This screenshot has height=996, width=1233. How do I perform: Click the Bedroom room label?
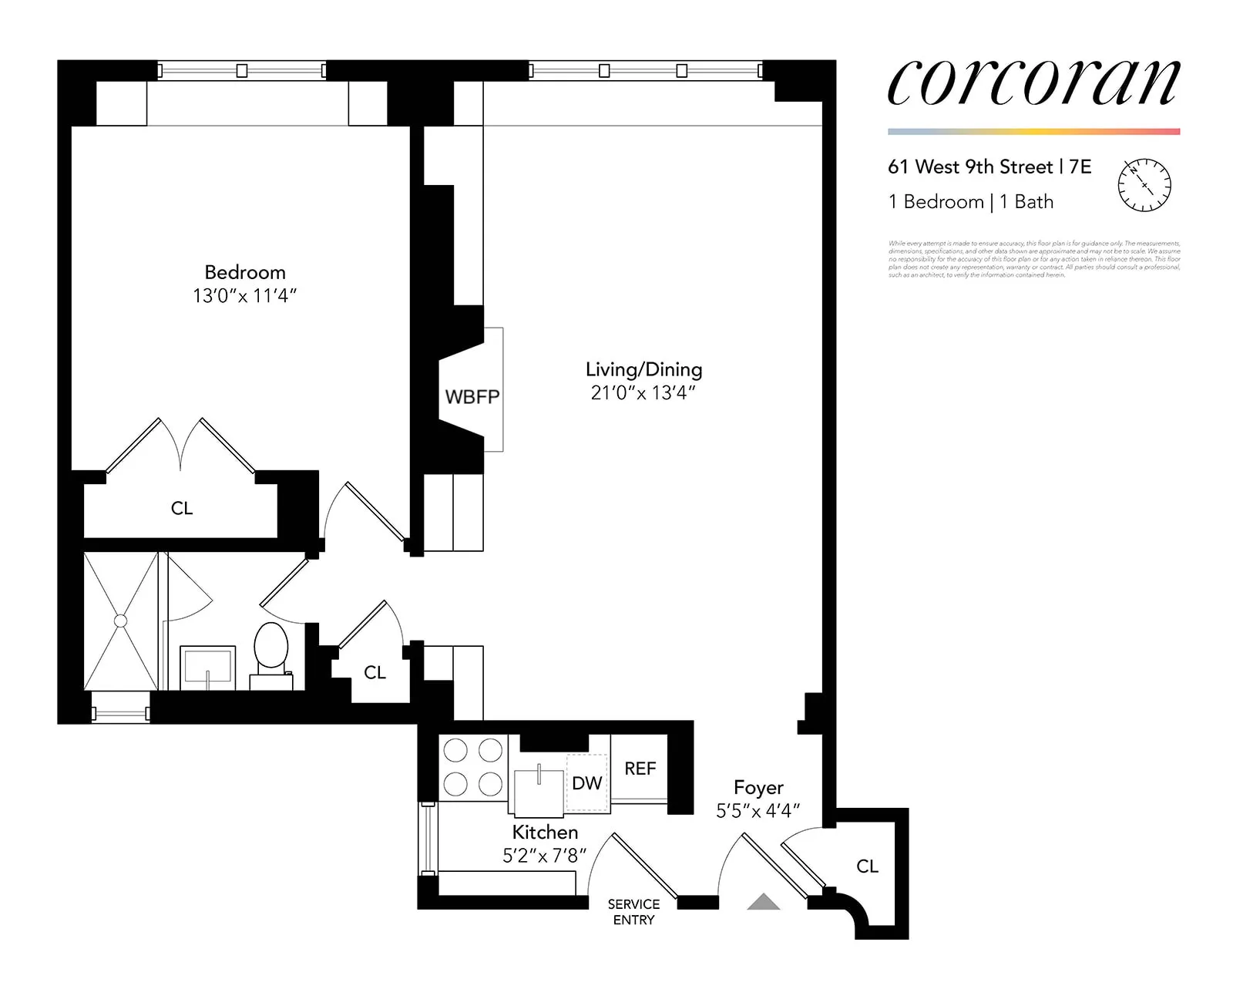(x=245, y=272)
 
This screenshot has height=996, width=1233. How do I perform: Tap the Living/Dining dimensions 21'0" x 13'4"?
(x=643, y=393)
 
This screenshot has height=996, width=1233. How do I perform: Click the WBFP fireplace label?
(x=472, y=397)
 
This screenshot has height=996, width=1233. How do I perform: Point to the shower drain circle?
(x=120, y=621)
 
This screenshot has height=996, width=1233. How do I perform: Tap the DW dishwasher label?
(x=586, y=783)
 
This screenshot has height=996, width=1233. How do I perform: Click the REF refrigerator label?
(x=640, y=769)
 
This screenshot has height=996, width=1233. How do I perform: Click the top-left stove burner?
(x=455, y=749)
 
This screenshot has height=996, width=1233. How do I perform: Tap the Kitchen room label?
(x=545, y=833)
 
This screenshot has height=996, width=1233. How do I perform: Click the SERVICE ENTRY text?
(x=633, y=912)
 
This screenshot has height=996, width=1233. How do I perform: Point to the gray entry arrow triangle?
(x=763, y=902)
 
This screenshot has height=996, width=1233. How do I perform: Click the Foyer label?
(x=758, y=788)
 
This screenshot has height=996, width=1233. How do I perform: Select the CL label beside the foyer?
(x=867, y=866)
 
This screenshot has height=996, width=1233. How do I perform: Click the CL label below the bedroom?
(x=182, y=508)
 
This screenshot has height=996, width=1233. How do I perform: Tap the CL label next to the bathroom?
(x=375, y=673)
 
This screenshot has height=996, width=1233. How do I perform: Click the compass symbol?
(x=1144, y=186)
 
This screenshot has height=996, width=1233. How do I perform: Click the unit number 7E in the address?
(x=1080, y=167)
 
